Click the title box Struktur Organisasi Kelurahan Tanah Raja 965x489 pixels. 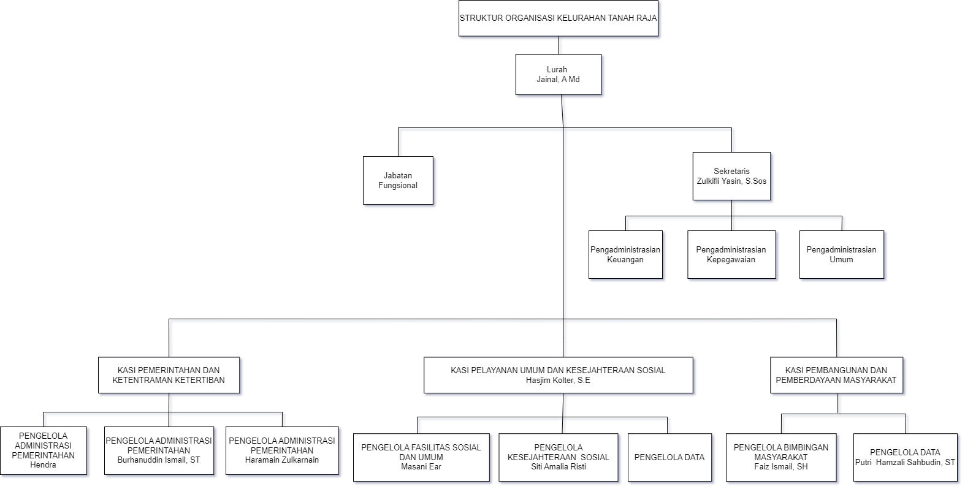559,18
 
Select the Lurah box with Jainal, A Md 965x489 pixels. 559,75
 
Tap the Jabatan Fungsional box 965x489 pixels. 399,181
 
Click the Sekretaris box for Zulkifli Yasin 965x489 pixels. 731,176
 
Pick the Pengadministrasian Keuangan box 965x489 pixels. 625,255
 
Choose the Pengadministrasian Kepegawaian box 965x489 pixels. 731,255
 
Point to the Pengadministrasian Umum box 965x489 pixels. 842,255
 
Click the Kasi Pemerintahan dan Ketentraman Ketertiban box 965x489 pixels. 169,375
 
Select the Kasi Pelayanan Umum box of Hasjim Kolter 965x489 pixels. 558,375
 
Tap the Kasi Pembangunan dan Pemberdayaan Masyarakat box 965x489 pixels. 836,375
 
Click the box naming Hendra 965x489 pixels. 44,451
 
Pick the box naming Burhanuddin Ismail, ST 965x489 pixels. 159,450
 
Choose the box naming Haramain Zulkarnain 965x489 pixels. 282,450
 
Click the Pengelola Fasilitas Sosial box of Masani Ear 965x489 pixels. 421,457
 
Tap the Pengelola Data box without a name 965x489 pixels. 669,457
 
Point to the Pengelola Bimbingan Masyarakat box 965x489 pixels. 781,457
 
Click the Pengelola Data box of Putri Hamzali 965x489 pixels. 906,457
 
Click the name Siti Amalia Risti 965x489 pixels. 559,467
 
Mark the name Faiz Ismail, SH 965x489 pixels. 781,467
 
